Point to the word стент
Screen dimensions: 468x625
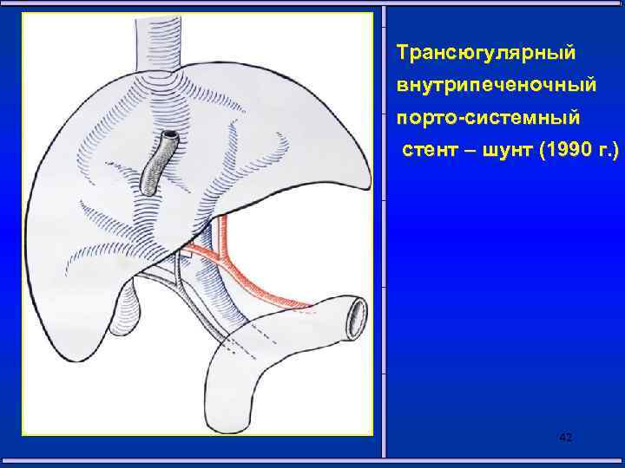(x=426, y=153)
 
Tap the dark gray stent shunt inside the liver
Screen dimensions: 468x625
(x=156, y=166)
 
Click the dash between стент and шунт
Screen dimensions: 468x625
(x=464, y=153)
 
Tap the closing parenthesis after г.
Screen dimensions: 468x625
(x=617, y=153)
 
